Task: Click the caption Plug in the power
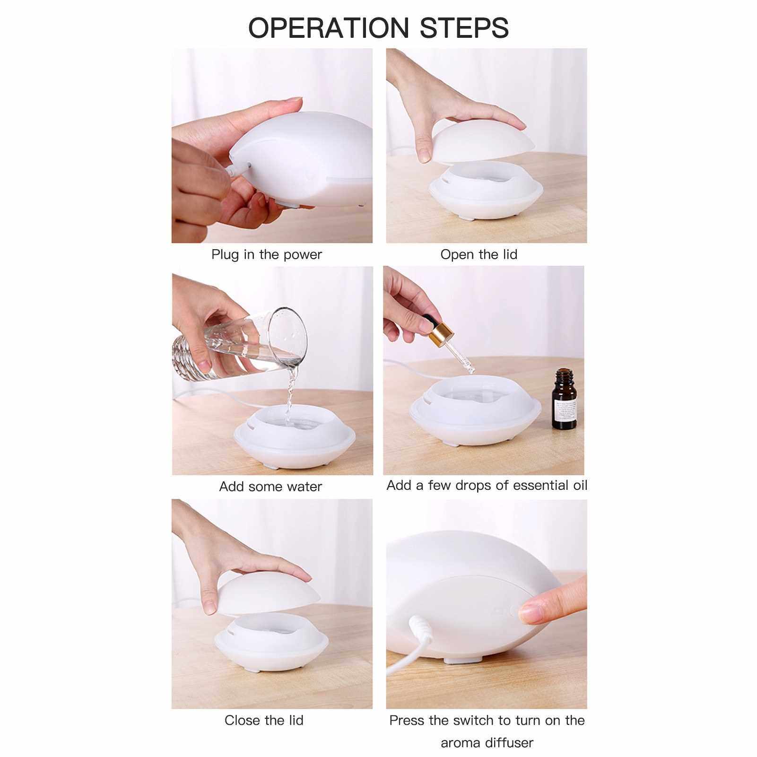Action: (x=267, y=254)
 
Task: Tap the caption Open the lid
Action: (x=479, y=254)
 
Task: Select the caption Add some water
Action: (x=270, y=487)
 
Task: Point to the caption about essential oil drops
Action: (x=487, y=485)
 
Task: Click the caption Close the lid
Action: (x=264, y=720)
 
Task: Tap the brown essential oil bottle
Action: (x=565, y=400)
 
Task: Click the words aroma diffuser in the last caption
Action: (x=487, y=742)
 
